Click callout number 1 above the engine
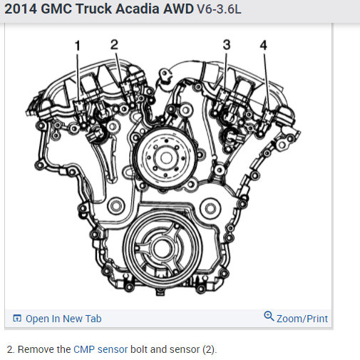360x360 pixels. pos(78,46)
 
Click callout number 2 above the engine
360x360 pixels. pos(114,44)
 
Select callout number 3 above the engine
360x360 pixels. pos(227,45)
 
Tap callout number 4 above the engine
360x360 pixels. pos(264,45)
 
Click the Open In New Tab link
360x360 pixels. pos(63,319)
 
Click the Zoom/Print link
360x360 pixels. pos(302,319)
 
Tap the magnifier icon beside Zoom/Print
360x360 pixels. pos(269,317)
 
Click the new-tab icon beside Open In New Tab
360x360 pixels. pos(17,318)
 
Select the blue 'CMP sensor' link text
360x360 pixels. pos(101,349)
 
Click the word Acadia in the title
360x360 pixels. pos(138,9)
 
